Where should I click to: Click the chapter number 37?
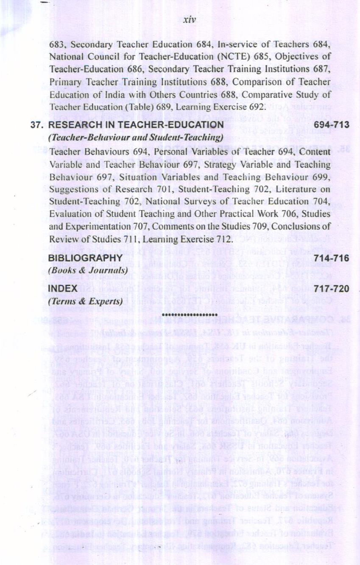coord(37,125)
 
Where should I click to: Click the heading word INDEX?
coord(63,289)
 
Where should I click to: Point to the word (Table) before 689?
coord(128,106)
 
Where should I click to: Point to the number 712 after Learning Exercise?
coord(223,239)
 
